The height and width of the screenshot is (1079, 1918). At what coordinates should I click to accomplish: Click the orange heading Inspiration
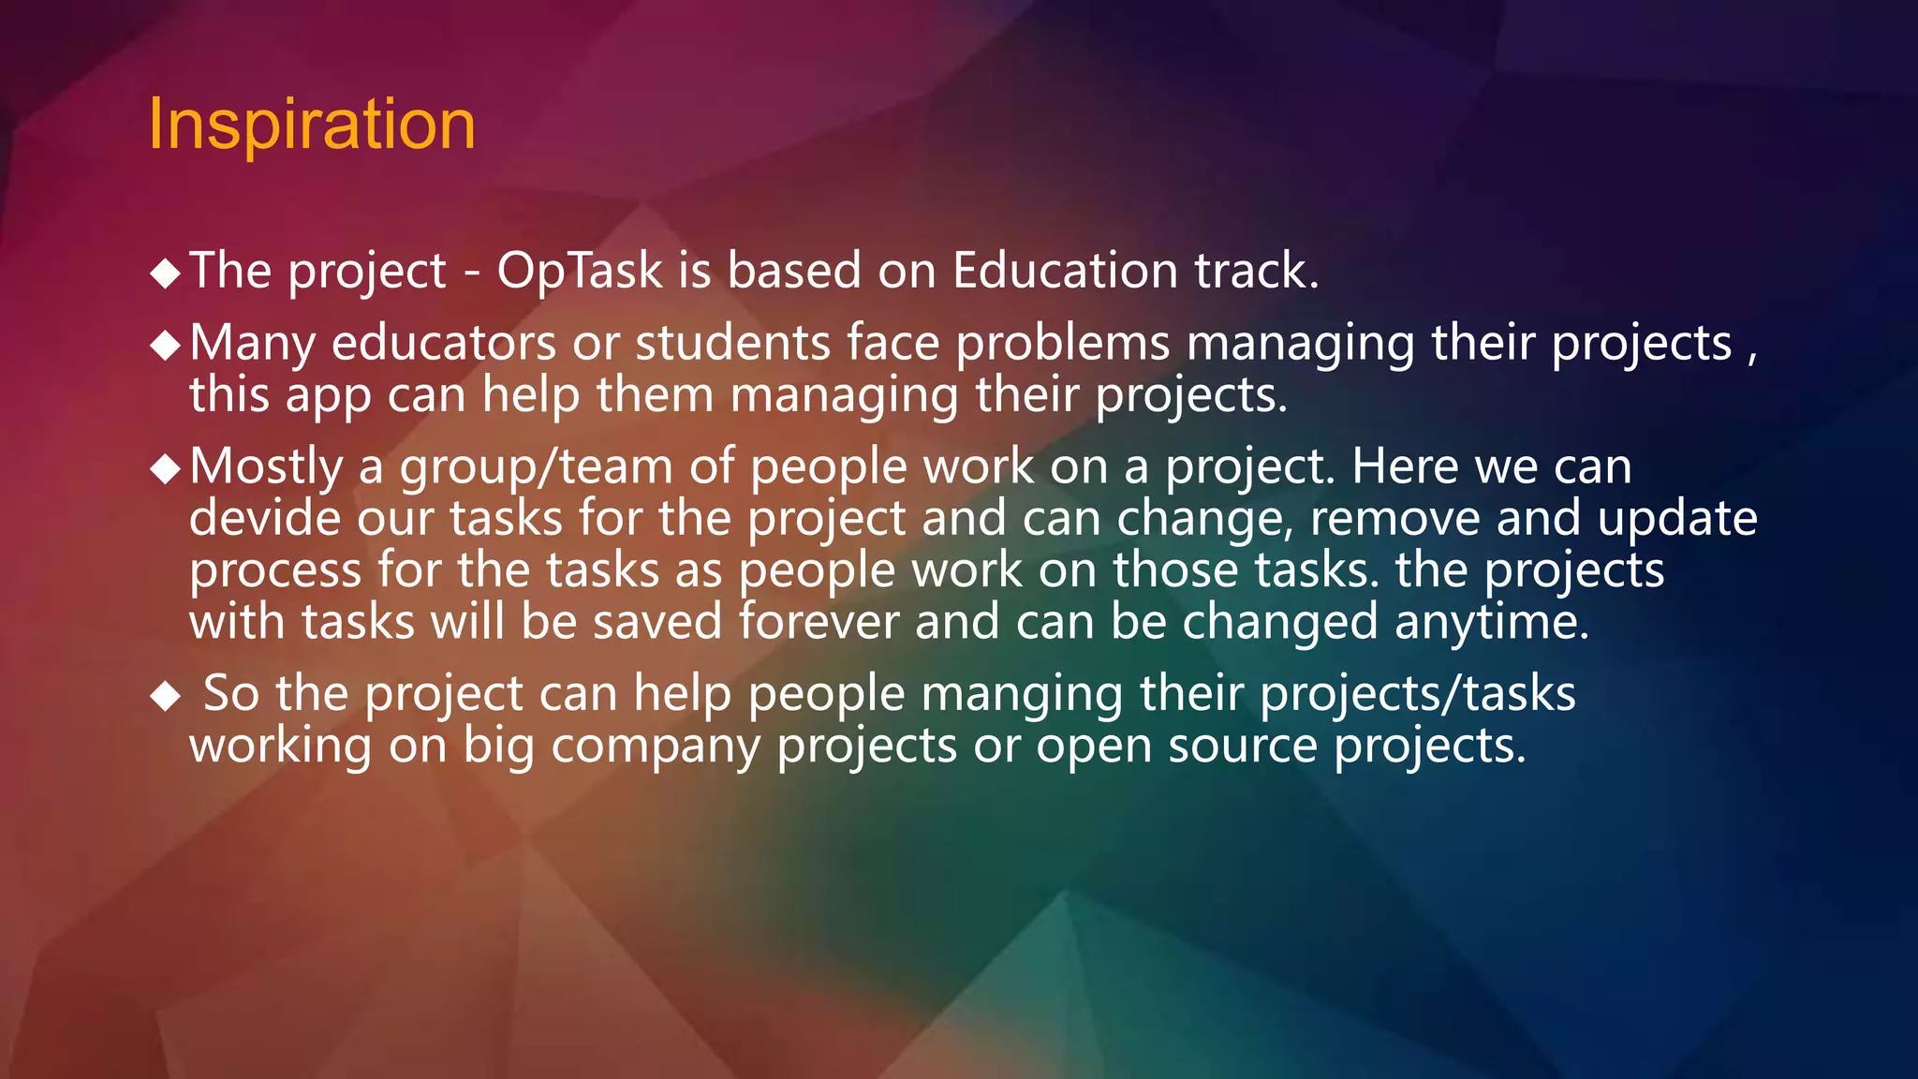coord(312,124)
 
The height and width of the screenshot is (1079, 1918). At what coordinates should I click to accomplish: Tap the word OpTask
coord(580,272)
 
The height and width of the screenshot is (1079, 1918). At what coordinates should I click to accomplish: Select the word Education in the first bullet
coord(1065,271)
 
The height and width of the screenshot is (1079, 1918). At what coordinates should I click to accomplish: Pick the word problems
coord(1062,343)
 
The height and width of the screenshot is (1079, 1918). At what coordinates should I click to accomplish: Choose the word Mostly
coord(266,467)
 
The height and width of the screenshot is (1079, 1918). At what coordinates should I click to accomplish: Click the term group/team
coord(537,467)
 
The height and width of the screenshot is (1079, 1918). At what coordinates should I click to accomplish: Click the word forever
coord(819,622)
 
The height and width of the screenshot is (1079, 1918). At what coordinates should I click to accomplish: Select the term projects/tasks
coord(1417,695)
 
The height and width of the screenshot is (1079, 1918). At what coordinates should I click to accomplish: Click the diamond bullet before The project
coord(165,273)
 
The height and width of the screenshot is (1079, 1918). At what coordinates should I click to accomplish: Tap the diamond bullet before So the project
coord(165,696)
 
